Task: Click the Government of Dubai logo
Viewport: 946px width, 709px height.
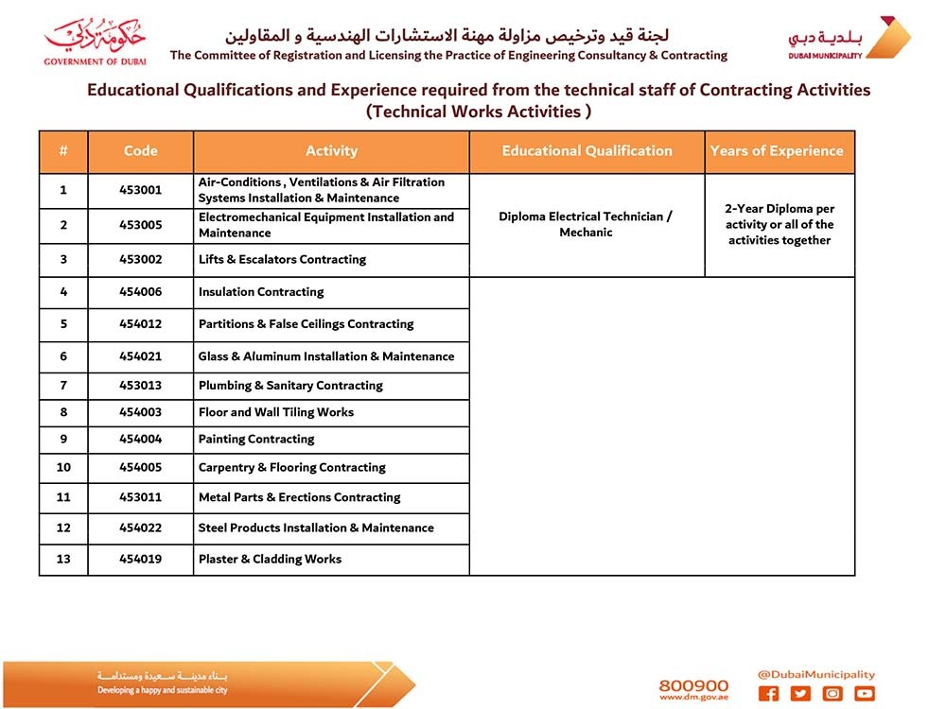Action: [95, 40]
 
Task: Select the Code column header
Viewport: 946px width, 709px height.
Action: [140, 151]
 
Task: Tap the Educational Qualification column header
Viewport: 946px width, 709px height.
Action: [587, 151]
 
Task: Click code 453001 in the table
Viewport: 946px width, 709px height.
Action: [140, 190]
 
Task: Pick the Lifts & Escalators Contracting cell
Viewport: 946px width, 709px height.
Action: [282, 260]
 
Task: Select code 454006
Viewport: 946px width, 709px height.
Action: [140, 292]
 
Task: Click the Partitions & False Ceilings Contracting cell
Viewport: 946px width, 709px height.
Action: [306, 324]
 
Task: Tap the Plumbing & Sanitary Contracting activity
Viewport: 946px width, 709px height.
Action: [290, 386]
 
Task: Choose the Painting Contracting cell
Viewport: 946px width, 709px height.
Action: [256, 440]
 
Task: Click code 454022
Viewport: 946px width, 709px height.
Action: [140, 528]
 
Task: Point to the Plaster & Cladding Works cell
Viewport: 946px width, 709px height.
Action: [270, 560]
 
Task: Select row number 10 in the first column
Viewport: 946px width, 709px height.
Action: [63, 468]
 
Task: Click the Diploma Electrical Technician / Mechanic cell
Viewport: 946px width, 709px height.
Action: [587, 224]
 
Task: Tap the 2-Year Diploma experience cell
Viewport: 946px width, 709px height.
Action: [780, 225]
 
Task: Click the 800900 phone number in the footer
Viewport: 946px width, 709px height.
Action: [693, 685]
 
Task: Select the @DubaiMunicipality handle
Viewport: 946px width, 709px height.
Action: [815, 675]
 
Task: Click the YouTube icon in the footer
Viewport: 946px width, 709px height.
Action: [864, 694]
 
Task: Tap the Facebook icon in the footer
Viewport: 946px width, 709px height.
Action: [769, 694]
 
